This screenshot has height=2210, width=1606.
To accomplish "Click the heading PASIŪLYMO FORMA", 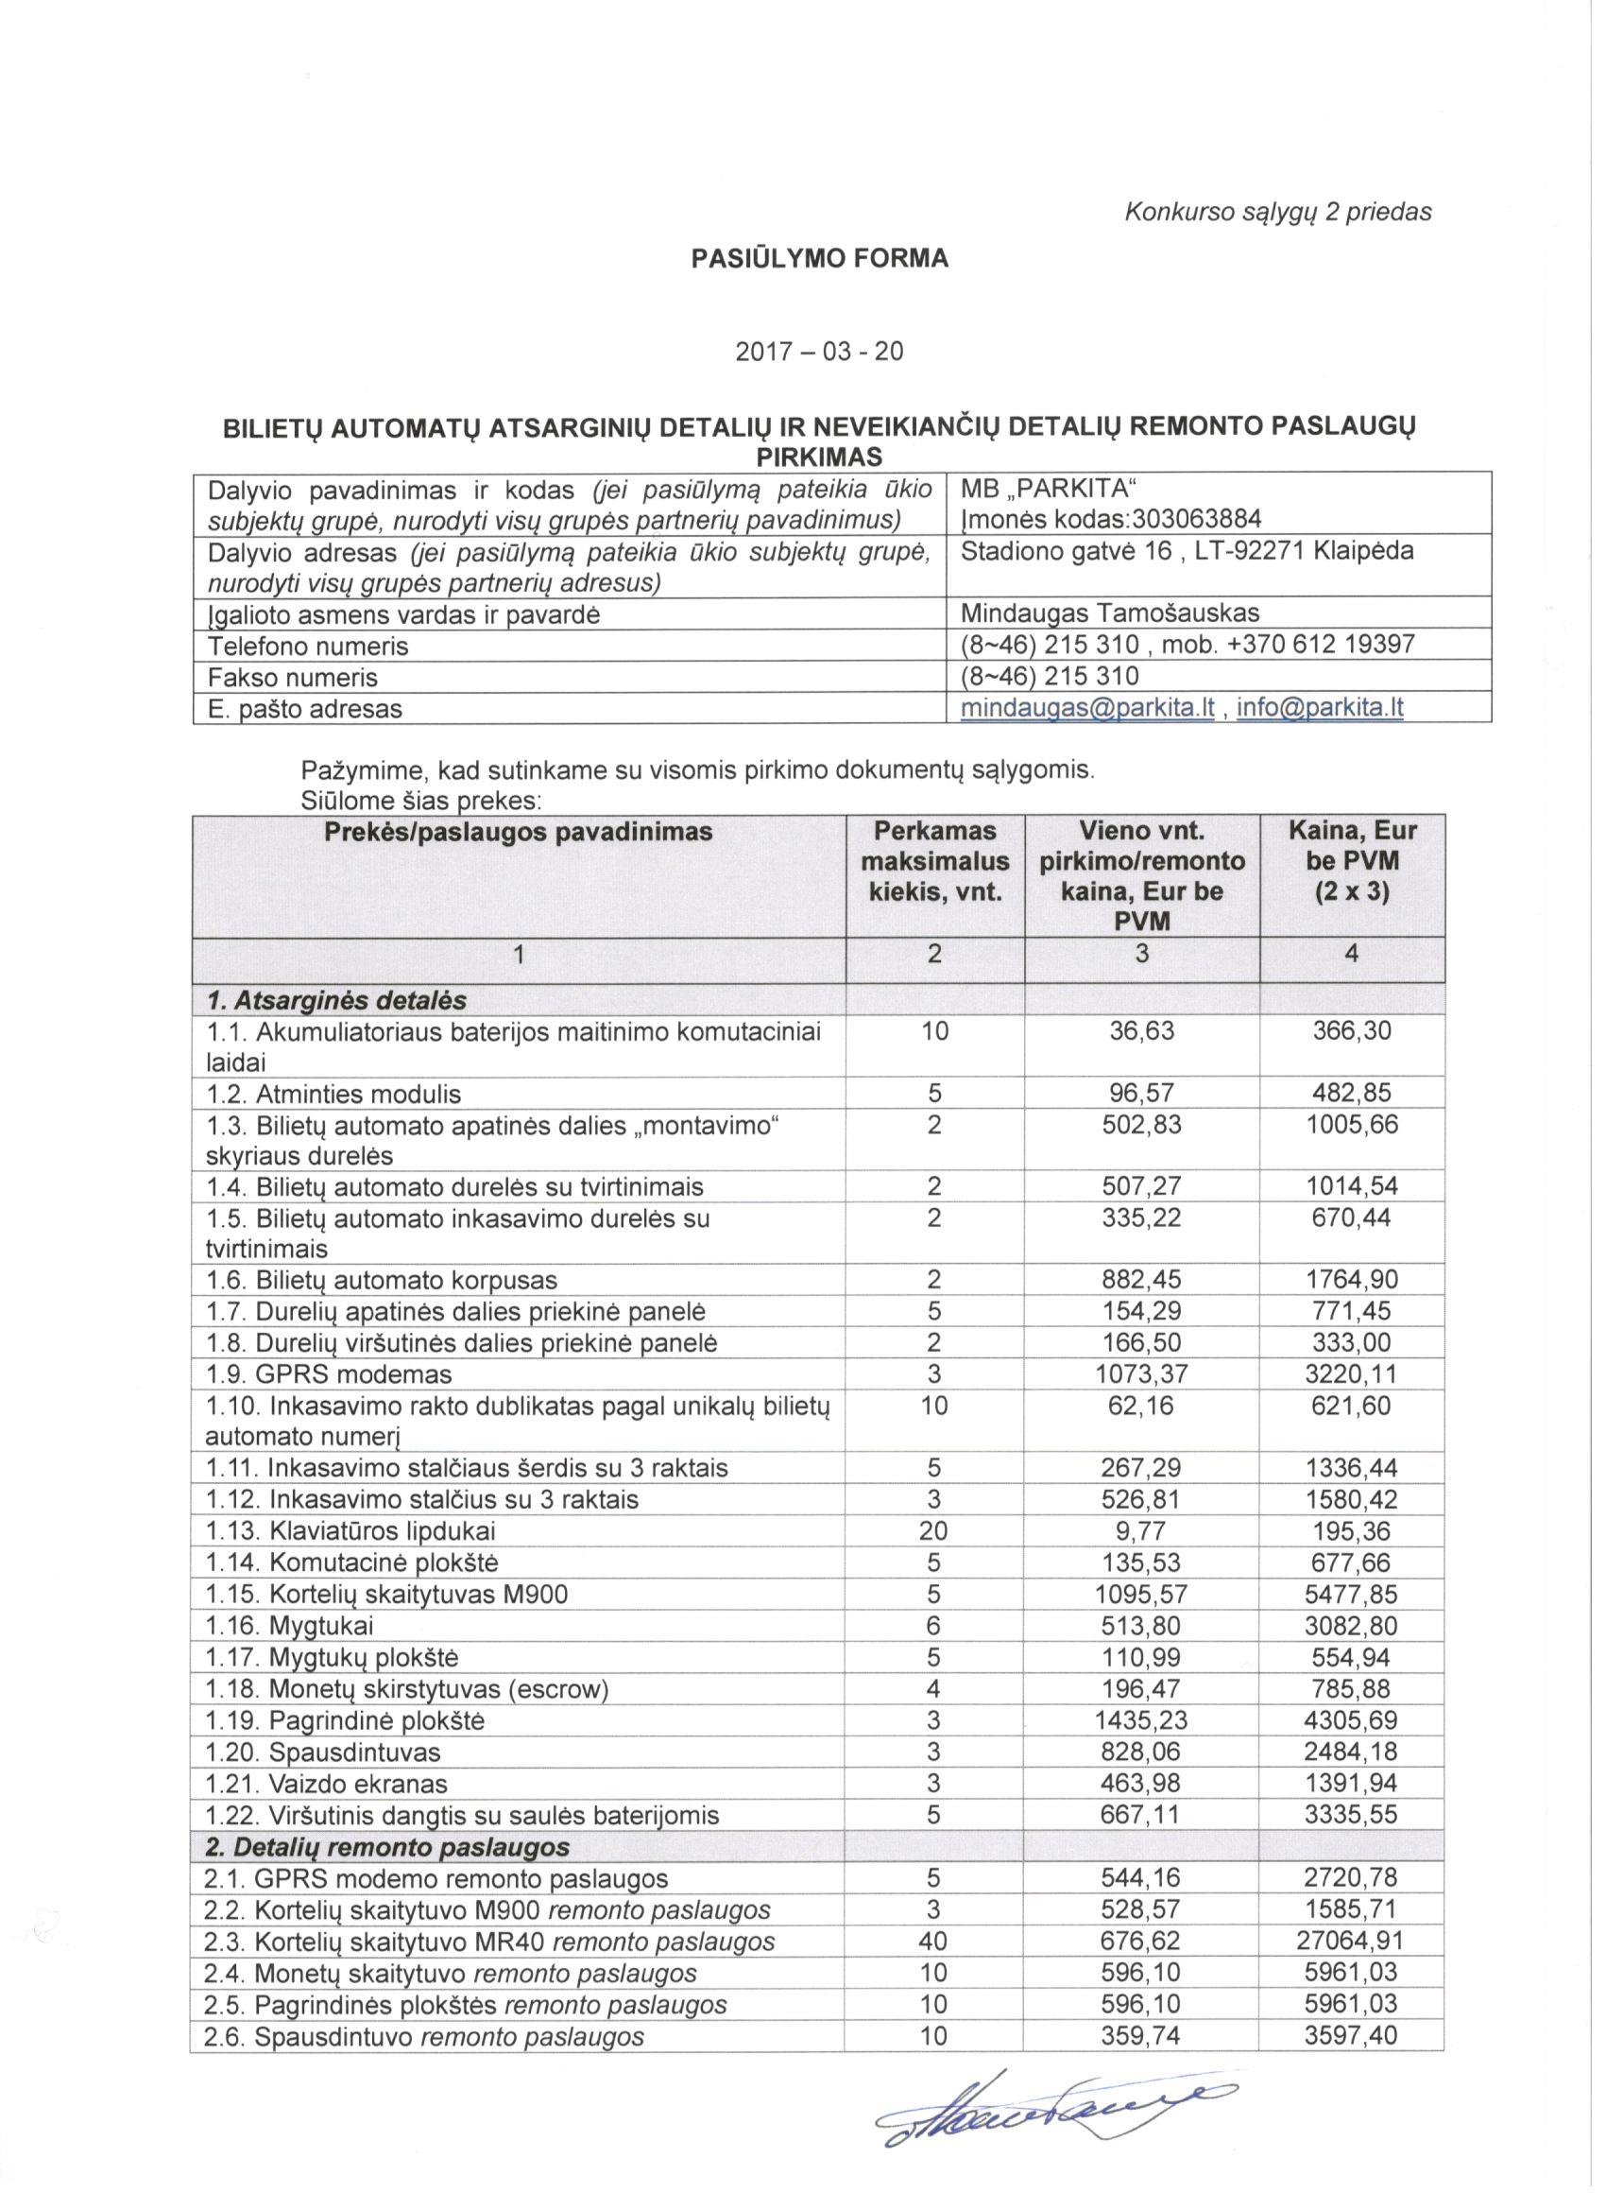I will point(819,259).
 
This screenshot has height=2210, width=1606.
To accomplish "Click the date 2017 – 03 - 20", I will point(819,351).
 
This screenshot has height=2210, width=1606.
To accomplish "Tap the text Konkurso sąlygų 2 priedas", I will point(1277,212).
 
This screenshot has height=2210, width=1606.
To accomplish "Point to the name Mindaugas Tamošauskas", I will point(1109,613).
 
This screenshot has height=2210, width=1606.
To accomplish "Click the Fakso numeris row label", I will point(293,676).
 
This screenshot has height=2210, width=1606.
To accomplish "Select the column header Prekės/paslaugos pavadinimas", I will point(518,832).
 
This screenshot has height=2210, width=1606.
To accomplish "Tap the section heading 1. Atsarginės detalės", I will point(336,1001).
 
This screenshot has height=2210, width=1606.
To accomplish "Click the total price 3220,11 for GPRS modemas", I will point(1351,1375).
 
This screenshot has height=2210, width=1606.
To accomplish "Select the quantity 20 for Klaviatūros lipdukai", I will point(933,1530).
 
